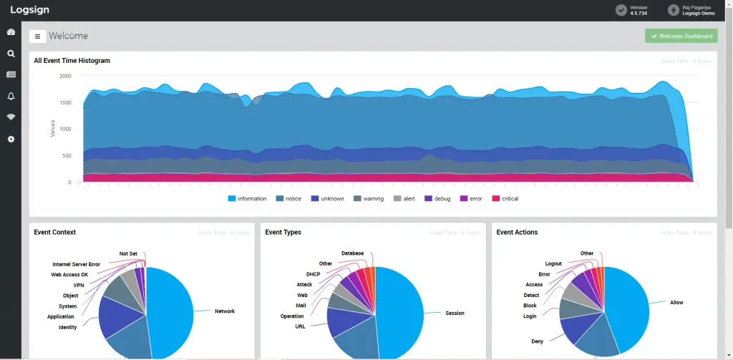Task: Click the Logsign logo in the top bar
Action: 29,10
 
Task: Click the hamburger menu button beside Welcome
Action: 37,37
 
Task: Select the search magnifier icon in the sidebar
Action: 11,53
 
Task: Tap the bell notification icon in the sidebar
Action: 11,96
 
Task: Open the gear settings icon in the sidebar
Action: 11,139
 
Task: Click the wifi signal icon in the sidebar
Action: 11,117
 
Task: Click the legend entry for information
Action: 247,198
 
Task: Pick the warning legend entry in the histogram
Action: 368,198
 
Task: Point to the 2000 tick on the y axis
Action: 65,76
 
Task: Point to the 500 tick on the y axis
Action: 67,156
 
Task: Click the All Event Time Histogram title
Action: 72,61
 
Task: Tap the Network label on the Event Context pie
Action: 225,311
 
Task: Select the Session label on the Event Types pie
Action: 455,313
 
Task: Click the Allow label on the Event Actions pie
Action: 676,303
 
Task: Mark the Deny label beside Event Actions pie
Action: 537,341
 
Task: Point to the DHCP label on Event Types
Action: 313,274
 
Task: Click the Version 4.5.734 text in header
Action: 639,10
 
